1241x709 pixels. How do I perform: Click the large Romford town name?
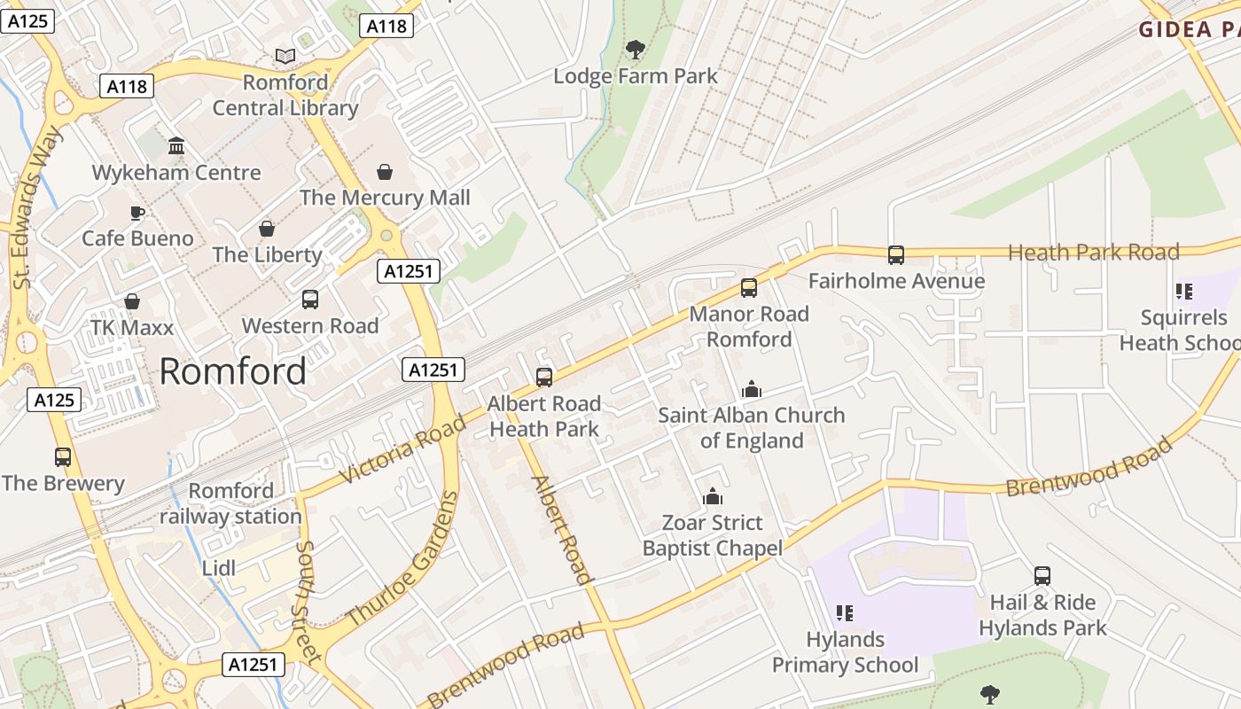coord(233,371)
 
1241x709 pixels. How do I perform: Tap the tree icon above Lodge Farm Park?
coord(635,49)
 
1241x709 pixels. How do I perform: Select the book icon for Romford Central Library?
coord(285,57)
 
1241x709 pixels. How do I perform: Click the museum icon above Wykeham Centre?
coord(176,145)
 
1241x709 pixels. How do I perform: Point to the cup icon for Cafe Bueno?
coord(137,213)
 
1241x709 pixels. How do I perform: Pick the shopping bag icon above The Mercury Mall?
coord(385,171)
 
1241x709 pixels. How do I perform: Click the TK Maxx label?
coord(132,328)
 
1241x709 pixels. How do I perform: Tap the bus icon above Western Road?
coord(309,300)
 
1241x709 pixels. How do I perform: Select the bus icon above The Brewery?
coord(62,457)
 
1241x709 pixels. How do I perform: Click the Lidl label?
coord(219,568)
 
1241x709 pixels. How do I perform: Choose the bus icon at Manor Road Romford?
coord(749,287)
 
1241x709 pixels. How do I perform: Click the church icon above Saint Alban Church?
coord(751,389)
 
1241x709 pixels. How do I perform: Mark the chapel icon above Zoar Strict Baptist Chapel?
coord(713,497)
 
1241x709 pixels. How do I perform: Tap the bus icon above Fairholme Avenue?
coord(896,255)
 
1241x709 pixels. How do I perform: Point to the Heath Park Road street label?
coord(1094,253)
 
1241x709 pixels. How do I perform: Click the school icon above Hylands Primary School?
coord(844,613)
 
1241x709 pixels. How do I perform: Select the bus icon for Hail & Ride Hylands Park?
coord(1042,576)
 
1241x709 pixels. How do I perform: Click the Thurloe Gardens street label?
coord(403,558)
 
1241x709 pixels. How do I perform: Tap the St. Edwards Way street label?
coord(39,206)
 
